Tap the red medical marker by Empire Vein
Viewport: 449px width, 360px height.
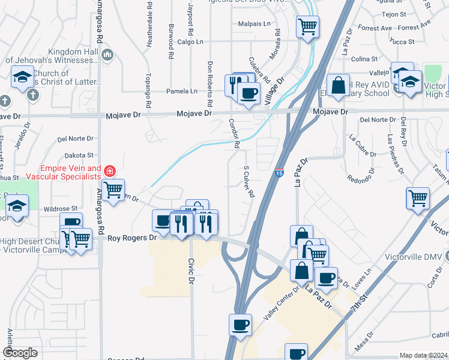click(x=109, y=172)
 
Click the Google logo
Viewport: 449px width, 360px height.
click(x=20, y=353)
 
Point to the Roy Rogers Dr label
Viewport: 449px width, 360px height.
click(x=131, y=238)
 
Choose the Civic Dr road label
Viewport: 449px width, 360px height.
click(x=191, y=271)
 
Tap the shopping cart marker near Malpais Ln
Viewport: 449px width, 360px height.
click(x=307, y=26)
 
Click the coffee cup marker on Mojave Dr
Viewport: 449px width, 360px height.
click(x=249, y=92)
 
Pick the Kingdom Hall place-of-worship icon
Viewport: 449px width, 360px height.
click(x=108, y=56)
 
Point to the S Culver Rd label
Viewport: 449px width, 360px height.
click(x=249, y=182)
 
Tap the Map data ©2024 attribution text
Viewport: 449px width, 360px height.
click(x=423, y=355)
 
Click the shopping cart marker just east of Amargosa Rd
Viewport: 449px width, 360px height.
click(x=113, y=190)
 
